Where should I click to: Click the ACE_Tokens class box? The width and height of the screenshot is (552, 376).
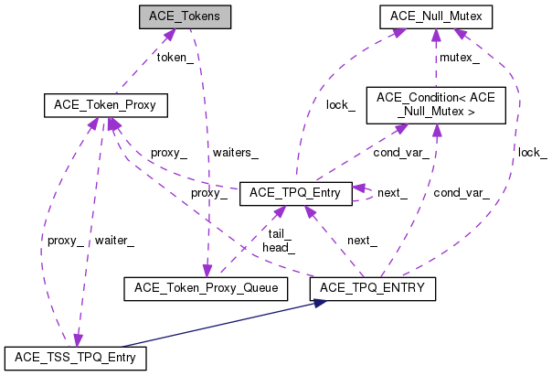183,16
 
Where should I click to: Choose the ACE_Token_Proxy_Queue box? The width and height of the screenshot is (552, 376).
206,288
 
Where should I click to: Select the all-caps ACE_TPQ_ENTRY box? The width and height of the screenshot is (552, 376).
372,288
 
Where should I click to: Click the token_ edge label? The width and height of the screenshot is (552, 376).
175,58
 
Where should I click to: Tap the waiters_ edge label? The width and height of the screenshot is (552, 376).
235,153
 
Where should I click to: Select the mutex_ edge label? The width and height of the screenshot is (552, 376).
461,58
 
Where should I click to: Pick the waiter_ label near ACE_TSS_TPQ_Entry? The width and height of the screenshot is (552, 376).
115,241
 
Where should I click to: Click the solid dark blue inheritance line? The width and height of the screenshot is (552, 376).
228,324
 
